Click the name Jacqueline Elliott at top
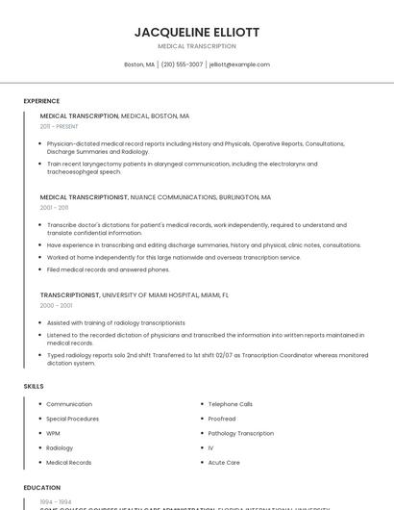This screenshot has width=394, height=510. (197, 32)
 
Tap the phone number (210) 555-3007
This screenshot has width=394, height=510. (182, 64)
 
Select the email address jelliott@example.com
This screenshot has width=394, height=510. (239, 64)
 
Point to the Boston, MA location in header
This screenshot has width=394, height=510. (139, 64)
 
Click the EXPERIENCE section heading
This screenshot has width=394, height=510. (41, 101)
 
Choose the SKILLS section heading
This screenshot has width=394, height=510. (34, 386)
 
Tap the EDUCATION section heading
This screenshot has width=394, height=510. (42, 488)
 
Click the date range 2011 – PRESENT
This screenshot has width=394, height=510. (60, 126)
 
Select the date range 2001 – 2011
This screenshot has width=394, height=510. (55, 207)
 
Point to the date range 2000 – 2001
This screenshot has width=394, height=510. (57, 305)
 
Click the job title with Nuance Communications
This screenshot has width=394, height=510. (156, 197)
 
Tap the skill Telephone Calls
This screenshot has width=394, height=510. (231, 404)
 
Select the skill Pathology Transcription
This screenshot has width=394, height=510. (241, 433)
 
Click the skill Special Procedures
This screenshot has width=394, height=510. (73, 419)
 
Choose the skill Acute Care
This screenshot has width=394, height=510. (224, 462)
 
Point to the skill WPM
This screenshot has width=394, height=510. (54, 433)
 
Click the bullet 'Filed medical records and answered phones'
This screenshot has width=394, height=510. (109, 269)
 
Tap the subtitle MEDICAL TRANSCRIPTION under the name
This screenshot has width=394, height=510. (197, 45)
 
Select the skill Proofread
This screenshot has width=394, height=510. (222, 419)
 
